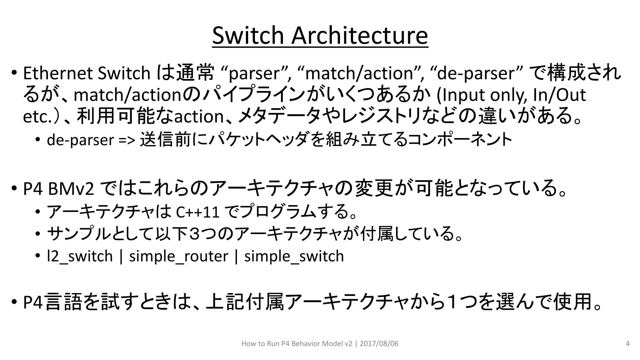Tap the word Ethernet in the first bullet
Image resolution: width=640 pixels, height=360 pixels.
[x=58, y=73]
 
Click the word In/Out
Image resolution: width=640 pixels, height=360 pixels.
[x=559, y=95]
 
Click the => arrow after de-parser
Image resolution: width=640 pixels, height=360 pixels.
[x=127, y=140]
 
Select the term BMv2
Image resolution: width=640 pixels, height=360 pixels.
[x=71, y=189]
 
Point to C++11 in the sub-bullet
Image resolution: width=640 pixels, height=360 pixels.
[x=197, y=212]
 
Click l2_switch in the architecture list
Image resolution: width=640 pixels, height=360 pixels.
[x=80, y=257]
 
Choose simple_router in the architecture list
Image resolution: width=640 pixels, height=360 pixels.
[x=178, y=257]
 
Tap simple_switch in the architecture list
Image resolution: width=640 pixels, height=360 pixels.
[x=294, y=257]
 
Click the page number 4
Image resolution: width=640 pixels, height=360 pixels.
[x=627, y=344]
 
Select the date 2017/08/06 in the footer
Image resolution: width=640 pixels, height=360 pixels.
[x=379, y=344]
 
